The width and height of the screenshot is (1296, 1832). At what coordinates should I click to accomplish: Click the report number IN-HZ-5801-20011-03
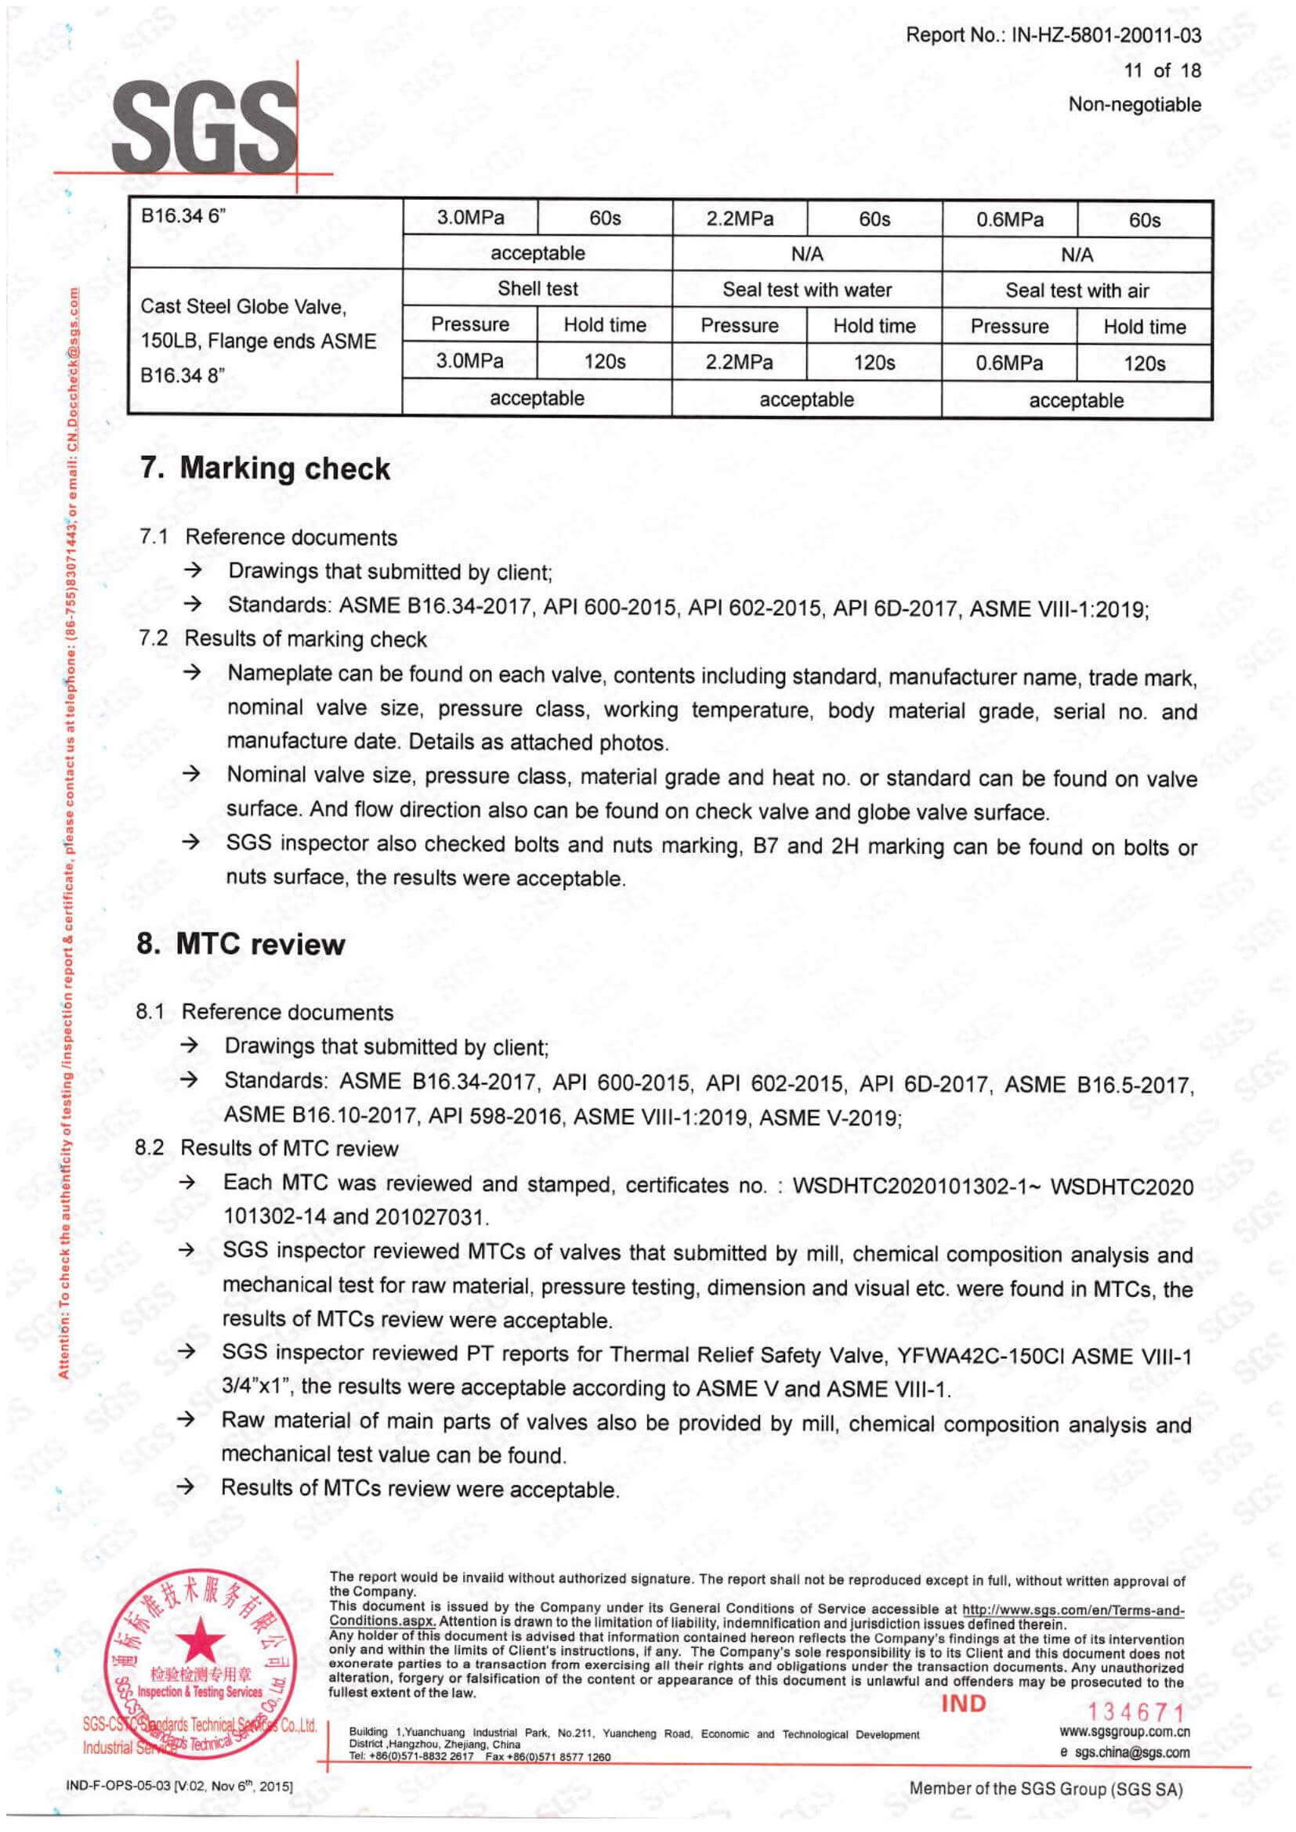(x=1106, y=35)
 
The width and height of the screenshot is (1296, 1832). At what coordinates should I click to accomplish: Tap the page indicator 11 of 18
(x=1161, y=70)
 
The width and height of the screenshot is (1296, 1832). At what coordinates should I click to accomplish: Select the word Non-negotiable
(x=1134, y=104)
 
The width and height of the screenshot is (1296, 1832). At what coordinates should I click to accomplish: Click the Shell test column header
(x=537, y=289)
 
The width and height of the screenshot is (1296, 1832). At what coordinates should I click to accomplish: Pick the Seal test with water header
(x=807, y=290)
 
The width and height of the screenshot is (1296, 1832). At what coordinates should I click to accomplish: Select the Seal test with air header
(x=1077, y=291)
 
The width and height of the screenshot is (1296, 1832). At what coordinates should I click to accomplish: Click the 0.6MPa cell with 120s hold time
(x=1008, y=363)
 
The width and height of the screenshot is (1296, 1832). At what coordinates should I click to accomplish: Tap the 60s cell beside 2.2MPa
(x=874, y=219)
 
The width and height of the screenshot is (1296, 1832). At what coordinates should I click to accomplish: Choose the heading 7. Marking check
(x=265, y=468)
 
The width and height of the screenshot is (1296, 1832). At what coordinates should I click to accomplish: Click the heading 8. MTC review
(x=241, y=944)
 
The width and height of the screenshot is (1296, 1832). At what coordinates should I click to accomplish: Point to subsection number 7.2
(x=154, y=638)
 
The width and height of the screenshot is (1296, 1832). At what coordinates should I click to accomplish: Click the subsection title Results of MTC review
(x=289, y=1148)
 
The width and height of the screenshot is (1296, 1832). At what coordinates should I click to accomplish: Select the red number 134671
(x=1136, y=1711)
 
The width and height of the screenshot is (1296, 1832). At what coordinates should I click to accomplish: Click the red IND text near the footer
(x=963, y=1704)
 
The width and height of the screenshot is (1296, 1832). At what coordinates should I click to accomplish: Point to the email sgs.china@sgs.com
(x=1131, y=1753)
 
